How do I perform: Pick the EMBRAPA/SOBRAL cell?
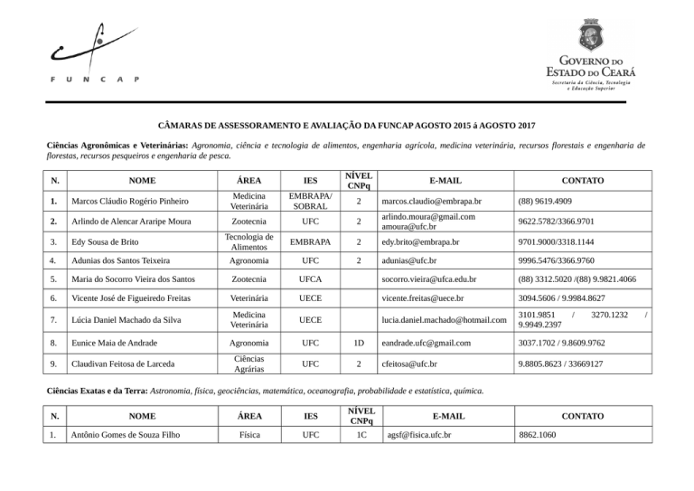point(309,201)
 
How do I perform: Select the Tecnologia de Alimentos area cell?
point(248,243)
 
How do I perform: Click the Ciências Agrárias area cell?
point(248,364)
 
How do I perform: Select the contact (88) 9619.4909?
point(551,201)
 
